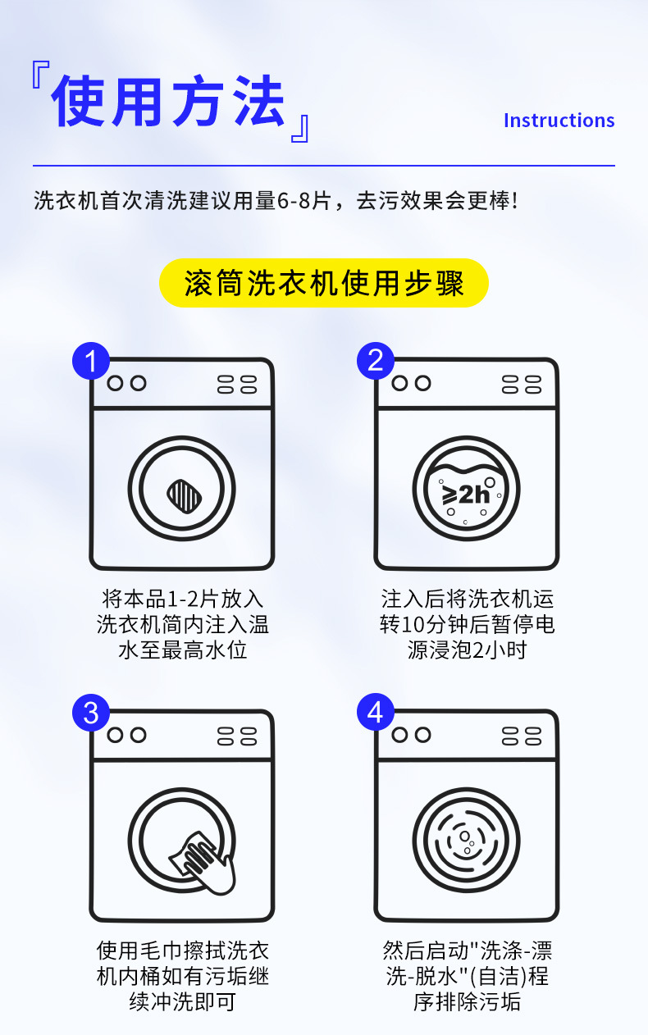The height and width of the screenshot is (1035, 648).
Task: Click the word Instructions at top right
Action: pyautogui.click(x=559, y=121)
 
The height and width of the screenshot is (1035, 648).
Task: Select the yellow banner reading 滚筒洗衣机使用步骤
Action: pyautogui.click(x=324, y=284)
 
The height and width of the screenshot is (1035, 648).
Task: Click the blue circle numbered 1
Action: pyautogui.click(x=91, y=361)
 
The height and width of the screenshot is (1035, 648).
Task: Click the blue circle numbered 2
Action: pyautogui.click(x=376, y=361)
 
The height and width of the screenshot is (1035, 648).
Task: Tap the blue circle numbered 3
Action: pyautogui.click(x=91, y=713)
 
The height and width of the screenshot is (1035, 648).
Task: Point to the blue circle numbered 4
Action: pyautogui.click(x=376, y=713)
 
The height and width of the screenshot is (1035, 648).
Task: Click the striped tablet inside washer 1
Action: pyautogui.click(x=181, y=494)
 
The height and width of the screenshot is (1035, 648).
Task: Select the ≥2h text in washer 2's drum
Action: pyautogui.click(x=466, y=494)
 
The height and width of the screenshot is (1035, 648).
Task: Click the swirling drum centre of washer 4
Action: pyautogui.click(x=466, y=841)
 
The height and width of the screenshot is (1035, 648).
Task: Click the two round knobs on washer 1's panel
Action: pyautogui.click(x=126, y=383)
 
